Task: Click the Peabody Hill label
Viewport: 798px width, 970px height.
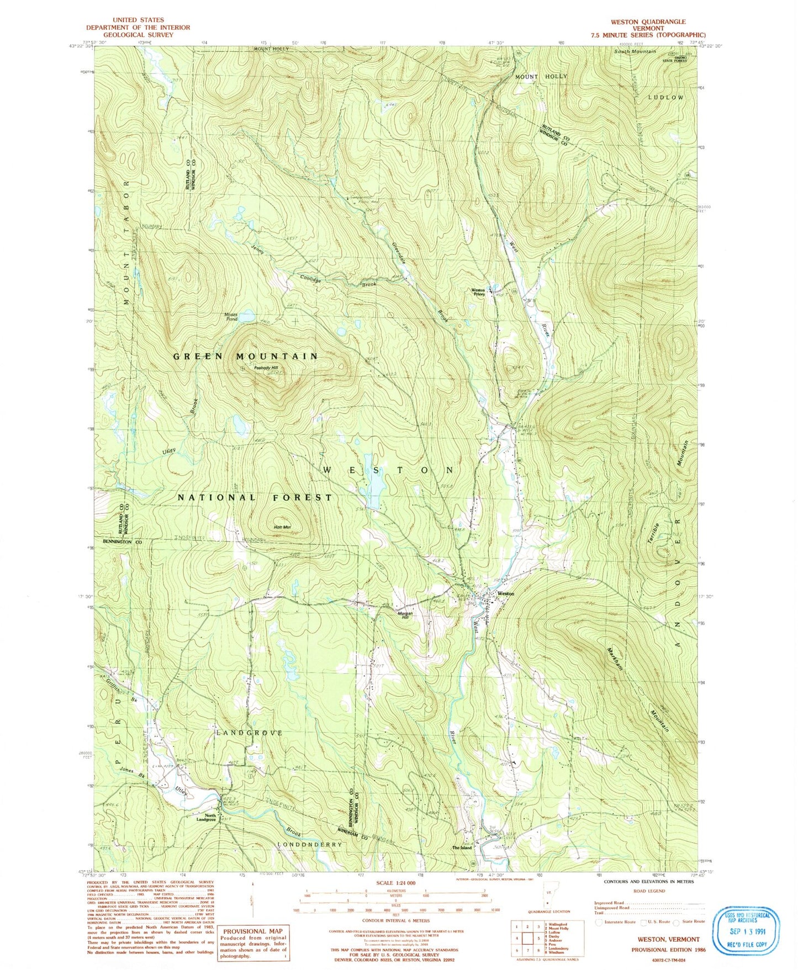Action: point(266,368)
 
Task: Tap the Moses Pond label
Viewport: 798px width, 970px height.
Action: point(231,317)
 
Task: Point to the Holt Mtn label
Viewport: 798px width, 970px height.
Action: point(282,528)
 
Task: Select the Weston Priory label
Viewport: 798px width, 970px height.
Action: point(478,292)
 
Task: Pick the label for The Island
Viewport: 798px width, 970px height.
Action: point(462,847)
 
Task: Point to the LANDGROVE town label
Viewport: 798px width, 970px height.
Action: point(249,733)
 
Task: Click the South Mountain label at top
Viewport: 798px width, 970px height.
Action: point(636,51)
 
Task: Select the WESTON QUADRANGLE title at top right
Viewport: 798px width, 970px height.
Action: point(648,22)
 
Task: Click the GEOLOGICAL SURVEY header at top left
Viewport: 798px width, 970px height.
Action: point(138,34)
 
